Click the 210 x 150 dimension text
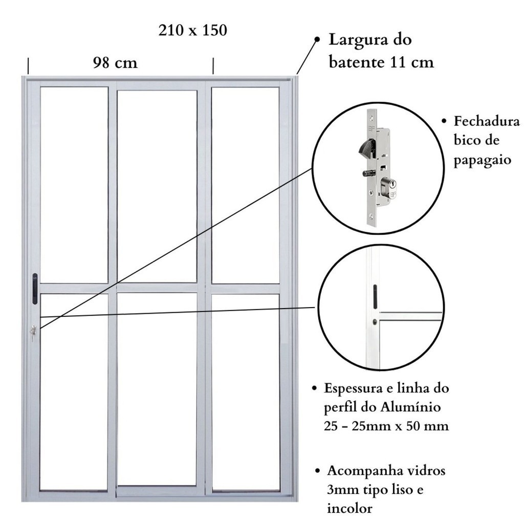pyautogui.click(x=193, y=30)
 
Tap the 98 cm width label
pyautogui.click(x=115, y=62)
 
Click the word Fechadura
pyautogui.click(x=487, y=121)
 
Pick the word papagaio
pyautogui.click(x=482, y=160)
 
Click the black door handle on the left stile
pyautogui.click(x=35, y=289)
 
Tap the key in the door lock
pyautogui.click(x=33, y=333)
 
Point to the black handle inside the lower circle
pyautogui.click(x=375, y=297)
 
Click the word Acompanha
pyautogui.click(x=362, y=471)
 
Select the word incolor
pyautogui.click(x=350, y=508)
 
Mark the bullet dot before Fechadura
pyautogui.click(x=444, y=121)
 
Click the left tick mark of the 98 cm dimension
pyautogui.click(x=28, y=66)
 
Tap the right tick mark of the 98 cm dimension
pyautogui.click(x=213, y=66)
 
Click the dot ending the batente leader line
pyautogui.click(x=317, y=39)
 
